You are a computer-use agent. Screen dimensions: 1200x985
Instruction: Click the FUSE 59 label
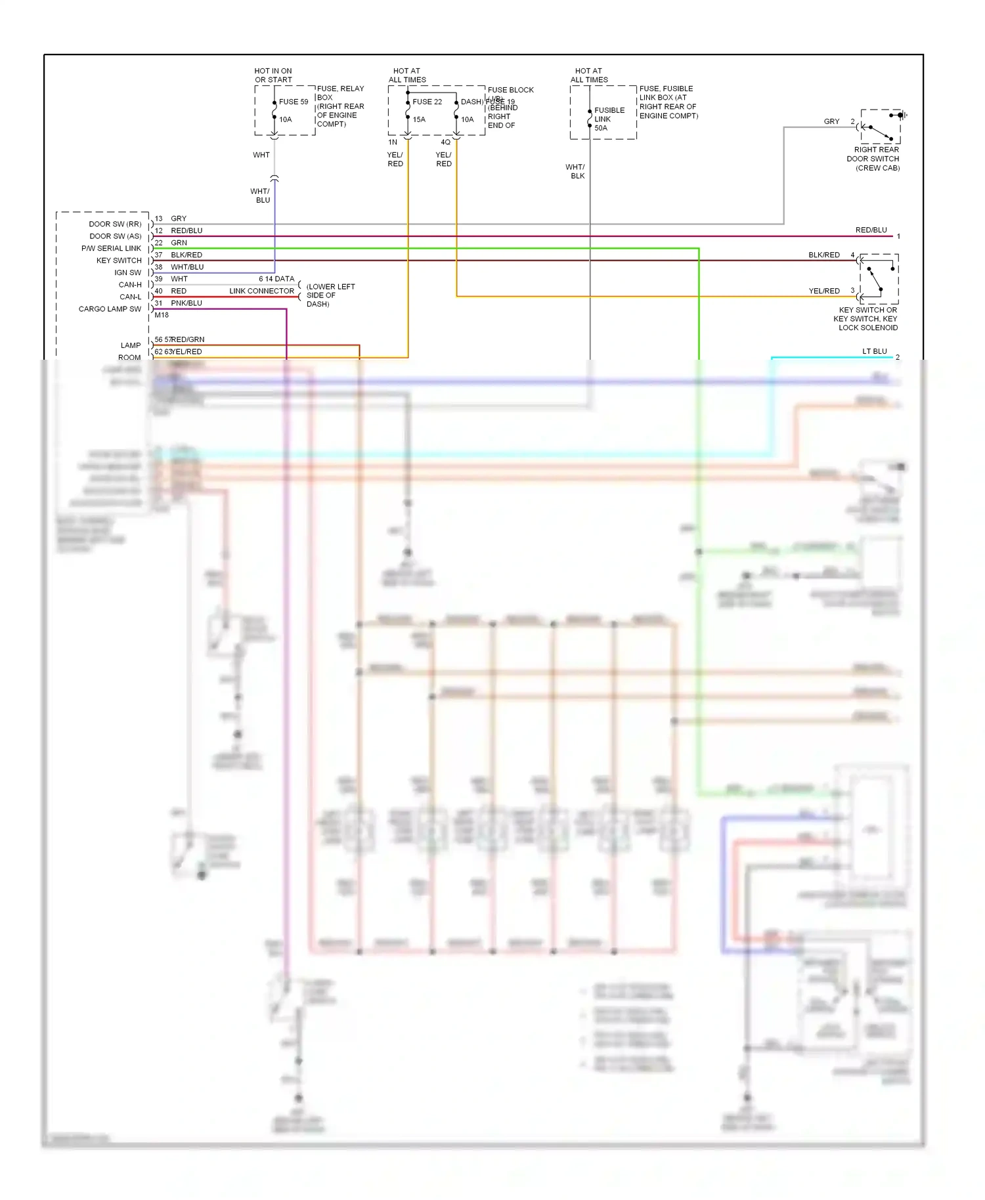click(x=293, y=102)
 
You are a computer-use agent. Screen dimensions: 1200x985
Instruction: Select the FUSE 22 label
click(x=427, y=102)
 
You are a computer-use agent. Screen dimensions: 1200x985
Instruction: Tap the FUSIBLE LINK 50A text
click(x=609, y=119)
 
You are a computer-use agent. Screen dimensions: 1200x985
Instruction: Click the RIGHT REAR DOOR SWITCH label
click(x=873, y=159)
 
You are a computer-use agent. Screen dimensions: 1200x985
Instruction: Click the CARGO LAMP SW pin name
click(x=110, y=309)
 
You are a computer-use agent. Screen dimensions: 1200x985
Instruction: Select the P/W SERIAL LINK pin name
click(x=111, y=248)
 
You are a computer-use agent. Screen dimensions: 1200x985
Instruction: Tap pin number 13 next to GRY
click(x=158, y=219)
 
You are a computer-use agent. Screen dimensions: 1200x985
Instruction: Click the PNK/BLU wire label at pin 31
click(x=186, y=303)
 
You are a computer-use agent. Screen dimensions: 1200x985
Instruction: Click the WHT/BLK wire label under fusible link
click(x=575, y=171)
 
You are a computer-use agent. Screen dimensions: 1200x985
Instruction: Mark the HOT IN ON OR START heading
click(x=273, y=75)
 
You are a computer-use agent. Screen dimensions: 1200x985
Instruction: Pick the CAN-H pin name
click(x=130, y=285)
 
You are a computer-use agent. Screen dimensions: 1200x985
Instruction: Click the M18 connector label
click(x=162, y=315)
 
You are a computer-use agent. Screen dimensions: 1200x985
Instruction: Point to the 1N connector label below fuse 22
click(x=393, y=142)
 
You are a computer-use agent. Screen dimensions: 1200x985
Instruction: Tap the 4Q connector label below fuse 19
click(x=445, y=142)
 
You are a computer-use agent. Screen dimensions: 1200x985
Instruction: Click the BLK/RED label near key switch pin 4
click(x=823, y=255)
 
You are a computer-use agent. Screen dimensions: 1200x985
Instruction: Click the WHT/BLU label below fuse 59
click(x=260, y=196)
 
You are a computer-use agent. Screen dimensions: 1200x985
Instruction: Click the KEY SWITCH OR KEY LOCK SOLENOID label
click(x=867, y=318)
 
